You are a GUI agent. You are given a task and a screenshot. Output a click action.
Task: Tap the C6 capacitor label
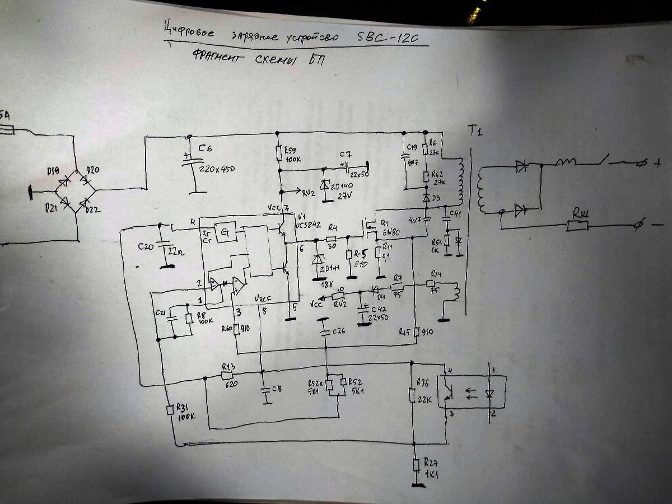(x=207, y=148)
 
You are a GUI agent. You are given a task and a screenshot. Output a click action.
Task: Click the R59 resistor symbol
(x=278, y=153)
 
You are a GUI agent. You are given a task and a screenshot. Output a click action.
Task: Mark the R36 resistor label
(x=424, y=384)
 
